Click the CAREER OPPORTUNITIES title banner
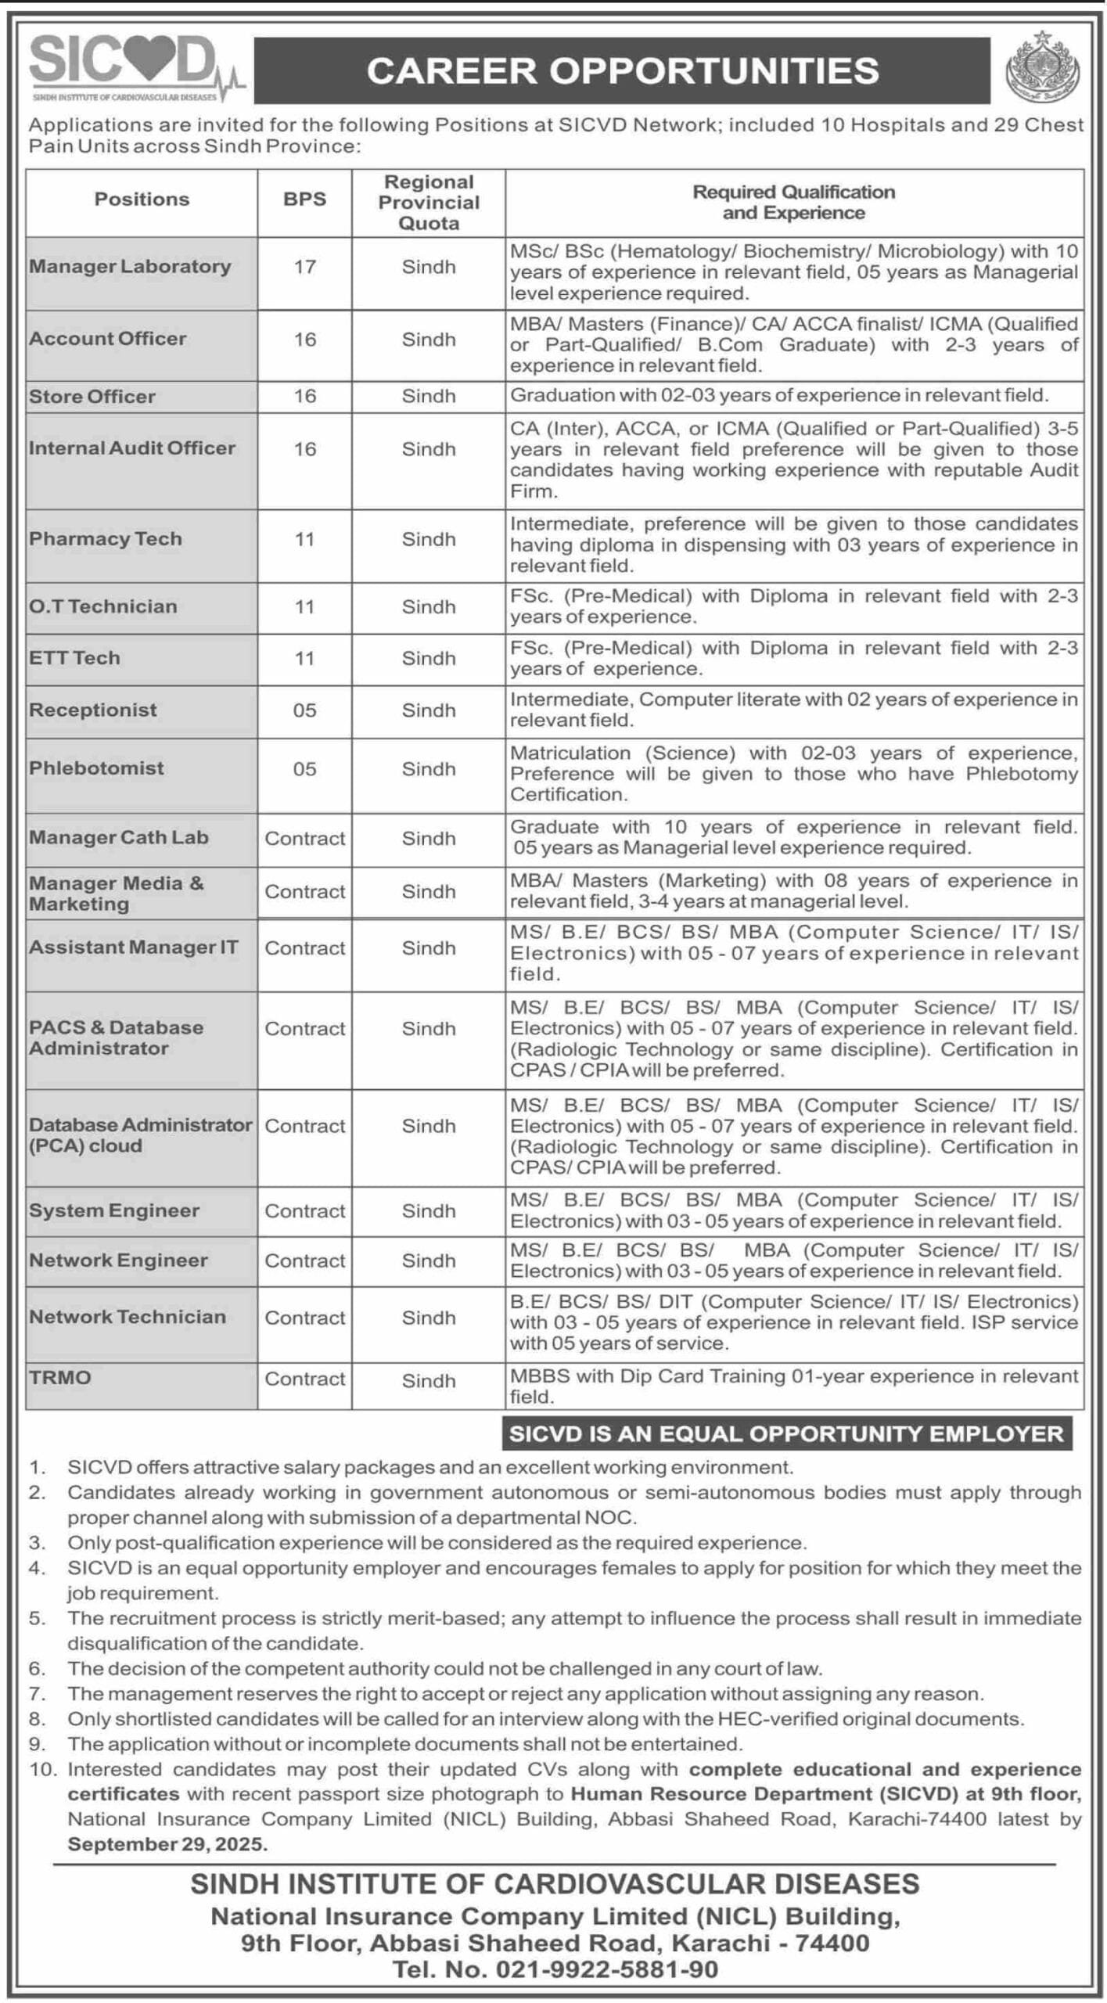(622, 70)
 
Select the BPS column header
(304, 200)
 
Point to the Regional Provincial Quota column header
(429, 203)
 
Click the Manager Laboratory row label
(131, 267)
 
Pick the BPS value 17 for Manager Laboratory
(304, 268)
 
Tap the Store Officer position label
(92, 397)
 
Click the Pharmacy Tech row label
(106, 539)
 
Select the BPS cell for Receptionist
(304, 710)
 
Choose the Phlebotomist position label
(96, 768)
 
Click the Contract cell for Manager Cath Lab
(304, 839)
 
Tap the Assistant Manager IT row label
(133, 948)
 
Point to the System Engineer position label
(114, 1210)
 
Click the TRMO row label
(60, 1377)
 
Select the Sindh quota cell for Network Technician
(429, 1318)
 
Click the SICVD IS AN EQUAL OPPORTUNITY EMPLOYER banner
(786, 1433)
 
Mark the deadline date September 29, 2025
(167, 1843)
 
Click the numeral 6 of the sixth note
(36, 1668)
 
